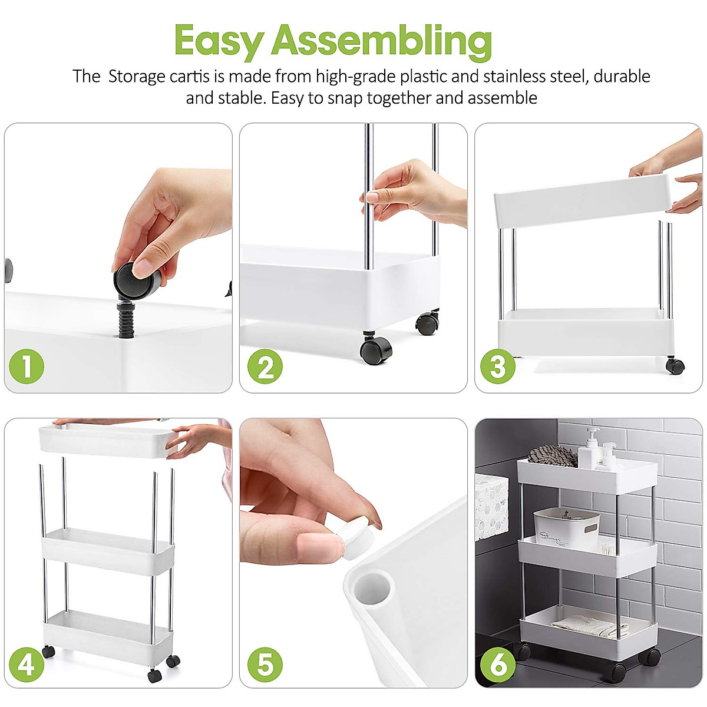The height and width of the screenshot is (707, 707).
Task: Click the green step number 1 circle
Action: (27, 366)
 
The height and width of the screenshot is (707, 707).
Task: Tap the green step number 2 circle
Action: (265, 366)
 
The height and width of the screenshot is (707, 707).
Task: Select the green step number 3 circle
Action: (498, 366)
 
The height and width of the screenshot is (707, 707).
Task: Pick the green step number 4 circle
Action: (27, 664)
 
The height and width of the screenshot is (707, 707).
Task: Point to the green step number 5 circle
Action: (265, 664)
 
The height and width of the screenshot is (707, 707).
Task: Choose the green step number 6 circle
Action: (498, 664)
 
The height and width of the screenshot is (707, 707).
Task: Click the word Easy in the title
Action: (219, 41)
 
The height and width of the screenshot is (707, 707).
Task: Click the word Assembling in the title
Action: (381, 41)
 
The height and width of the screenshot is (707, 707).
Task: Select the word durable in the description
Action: (622, 77)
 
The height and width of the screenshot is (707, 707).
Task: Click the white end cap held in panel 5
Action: (359, 539)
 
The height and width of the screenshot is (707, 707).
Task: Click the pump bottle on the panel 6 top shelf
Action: (589, 449)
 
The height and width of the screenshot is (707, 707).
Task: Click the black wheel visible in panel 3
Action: (675, 366)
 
